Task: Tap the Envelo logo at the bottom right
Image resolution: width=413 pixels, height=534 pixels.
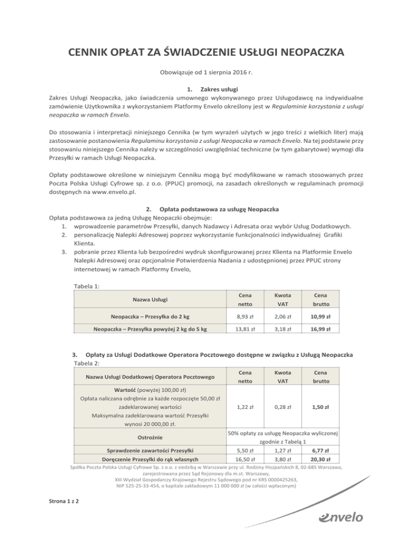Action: [x=340, y=517]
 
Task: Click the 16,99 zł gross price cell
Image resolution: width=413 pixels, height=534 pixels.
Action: [x=323, y=328]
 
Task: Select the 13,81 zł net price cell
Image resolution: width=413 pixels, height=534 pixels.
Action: [x=245, y=328]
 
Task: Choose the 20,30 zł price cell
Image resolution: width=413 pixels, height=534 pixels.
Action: [x=323, y=460]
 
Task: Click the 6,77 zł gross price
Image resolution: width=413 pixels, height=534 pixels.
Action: [x=323, y=450]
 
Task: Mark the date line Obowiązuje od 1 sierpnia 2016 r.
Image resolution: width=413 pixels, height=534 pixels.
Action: [x=206, y=72]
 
